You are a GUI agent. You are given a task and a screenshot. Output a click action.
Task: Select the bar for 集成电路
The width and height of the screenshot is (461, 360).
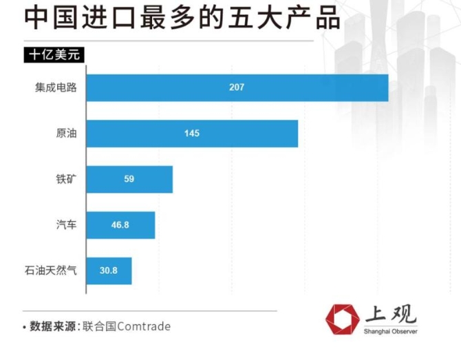[x=237, y=87]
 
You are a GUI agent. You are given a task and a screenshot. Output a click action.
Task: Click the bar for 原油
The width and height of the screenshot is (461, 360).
[x=192, y=133]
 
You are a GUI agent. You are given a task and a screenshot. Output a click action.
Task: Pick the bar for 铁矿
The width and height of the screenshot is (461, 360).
[x=129, y=179]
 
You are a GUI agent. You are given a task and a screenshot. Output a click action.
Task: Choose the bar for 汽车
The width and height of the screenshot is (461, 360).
[x=120, y=225]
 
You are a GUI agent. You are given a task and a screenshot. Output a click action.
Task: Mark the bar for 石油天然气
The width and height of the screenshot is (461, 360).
[x=109, y=271]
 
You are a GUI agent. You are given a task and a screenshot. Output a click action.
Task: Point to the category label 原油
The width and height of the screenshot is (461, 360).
[x=66, y=134]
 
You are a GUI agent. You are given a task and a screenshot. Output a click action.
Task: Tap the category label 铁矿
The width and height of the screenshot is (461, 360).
[x=66, y=179]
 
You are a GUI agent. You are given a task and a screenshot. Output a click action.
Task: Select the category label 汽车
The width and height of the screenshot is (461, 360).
[x=66, y=225]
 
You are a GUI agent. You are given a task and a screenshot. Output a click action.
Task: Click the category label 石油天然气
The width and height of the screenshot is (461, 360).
[x=50, y=271]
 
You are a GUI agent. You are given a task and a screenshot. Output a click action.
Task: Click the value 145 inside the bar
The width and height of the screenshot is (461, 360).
[x=192, y=133]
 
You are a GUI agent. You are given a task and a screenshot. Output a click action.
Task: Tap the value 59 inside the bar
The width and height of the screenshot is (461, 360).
[x=129, y=179]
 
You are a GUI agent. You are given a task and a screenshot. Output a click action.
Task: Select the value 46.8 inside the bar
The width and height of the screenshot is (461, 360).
[x=120, y=225]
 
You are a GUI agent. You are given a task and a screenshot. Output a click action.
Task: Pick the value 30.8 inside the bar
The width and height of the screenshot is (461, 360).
[x=108, y=271]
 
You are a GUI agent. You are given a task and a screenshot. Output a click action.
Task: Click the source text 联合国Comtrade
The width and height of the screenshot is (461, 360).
[x=125, y=326]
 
